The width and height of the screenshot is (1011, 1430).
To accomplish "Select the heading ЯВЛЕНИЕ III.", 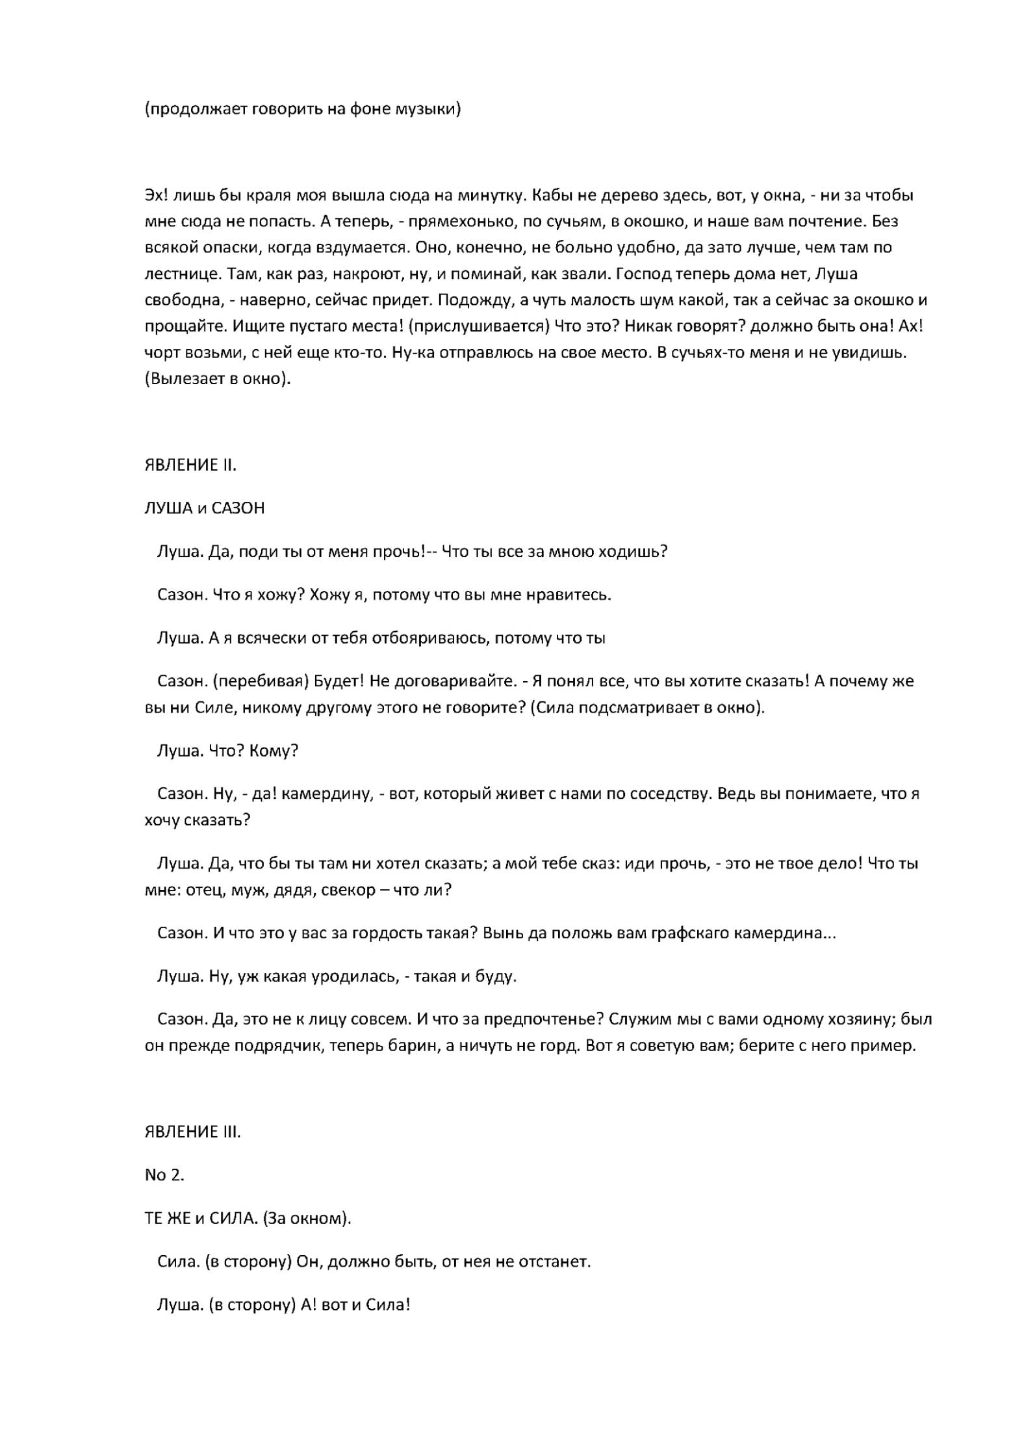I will click(x=192, y=1132).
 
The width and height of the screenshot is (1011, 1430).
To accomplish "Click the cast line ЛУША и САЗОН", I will click(x=205, y=508).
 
